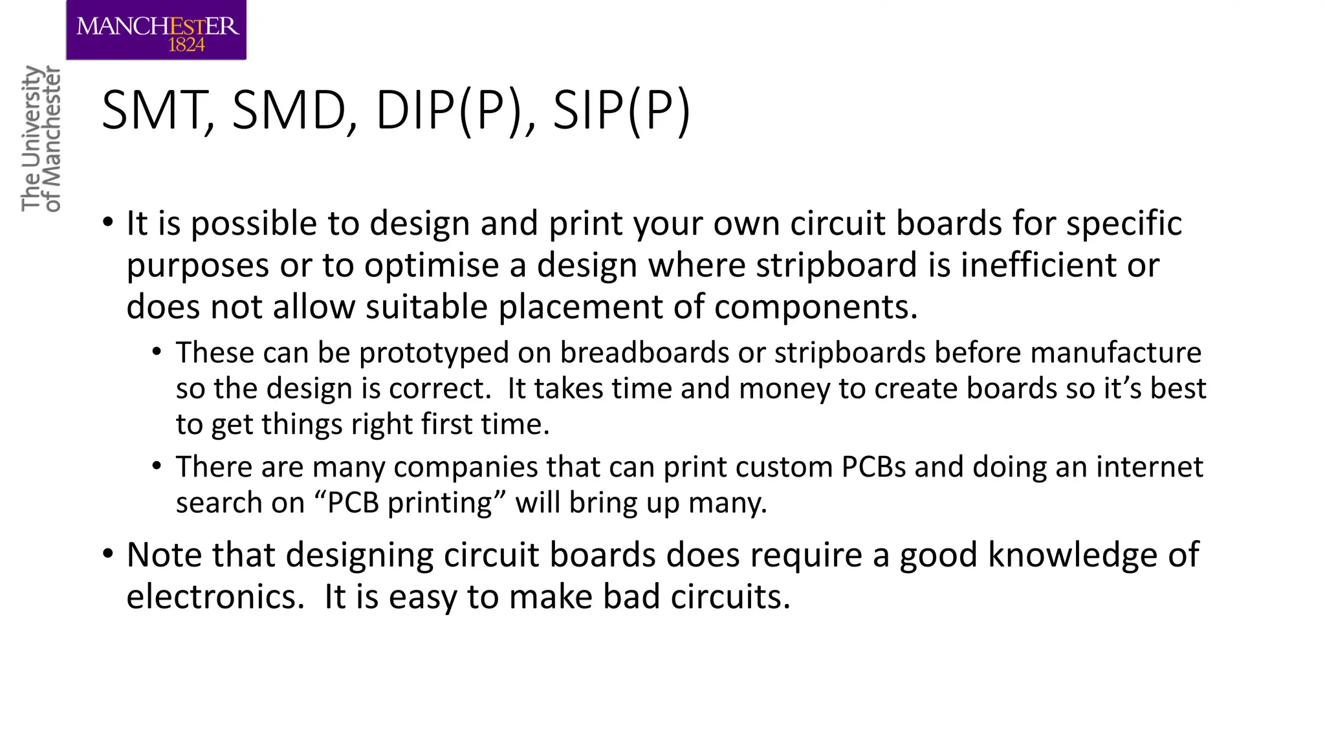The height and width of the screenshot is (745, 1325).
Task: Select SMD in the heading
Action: point(289,111)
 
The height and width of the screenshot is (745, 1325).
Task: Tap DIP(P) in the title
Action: point(448,111)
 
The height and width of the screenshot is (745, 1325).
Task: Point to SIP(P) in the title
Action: point(622,111)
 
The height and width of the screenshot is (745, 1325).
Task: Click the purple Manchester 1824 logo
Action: point(156,30)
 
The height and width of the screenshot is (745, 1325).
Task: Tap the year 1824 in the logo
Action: point(186,45)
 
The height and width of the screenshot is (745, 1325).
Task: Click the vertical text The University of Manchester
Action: point(41,138)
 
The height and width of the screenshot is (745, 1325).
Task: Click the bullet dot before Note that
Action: point(108,554)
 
